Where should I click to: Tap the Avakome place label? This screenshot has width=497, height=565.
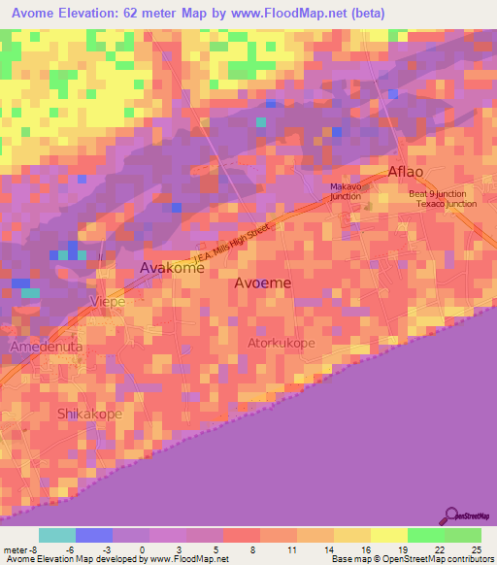(x=172, y=267)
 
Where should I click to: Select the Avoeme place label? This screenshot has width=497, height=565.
(x=262, y=282)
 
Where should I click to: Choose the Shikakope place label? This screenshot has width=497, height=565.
(x=89, y=414)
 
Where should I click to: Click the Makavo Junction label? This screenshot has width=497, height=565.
(x=346, y=191)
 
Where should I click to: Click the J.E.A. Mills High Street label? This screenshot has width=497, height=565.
(x=239, y=247)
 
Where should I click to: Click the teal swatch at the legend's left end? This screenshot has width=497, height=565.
(x=56, y=535)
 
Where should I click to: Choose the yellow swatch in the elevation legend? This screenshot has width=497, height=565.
(x=388, y=535)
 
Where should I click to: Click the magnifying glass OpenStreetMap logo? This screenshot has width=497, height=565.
(x=450, y=515)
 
